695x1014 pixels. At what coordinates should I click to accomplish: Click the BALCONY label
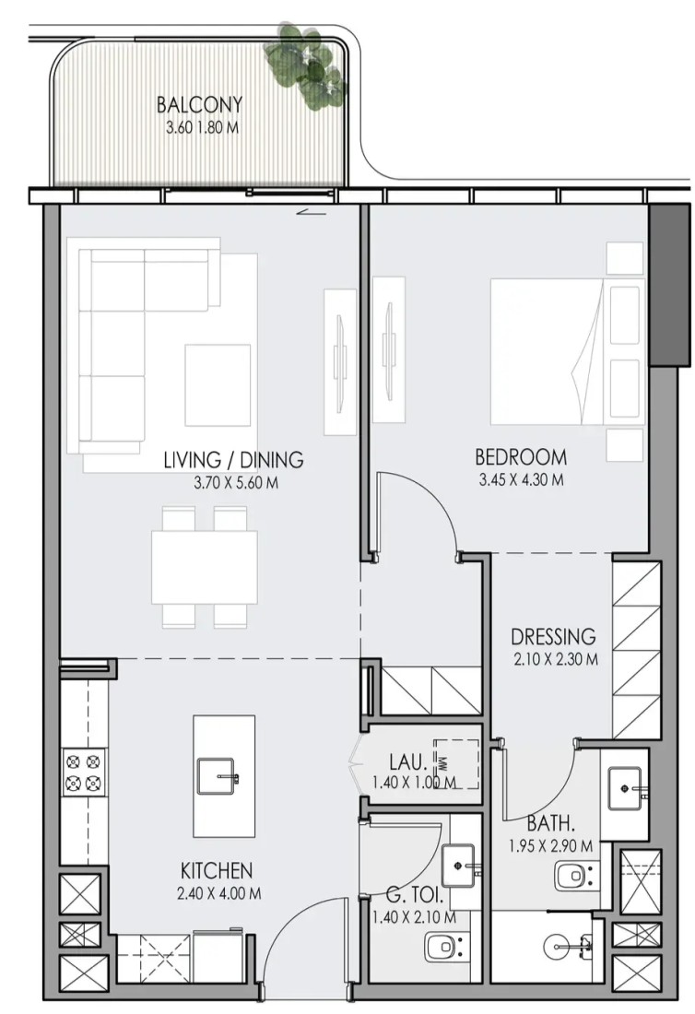point(199,104)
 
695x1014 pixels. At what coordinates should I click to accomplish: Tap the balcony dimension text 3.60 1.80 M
point(203,127)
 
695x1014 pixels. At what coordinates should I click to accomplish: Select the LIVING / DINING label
point(233,460)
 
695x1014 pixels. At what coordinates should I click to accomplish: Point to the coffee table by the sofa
point(218,385)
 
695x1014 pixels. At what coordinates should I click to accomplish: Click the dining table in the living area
point(205,567)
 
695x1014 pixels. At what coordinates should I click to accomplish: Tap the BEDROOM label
point(521,457)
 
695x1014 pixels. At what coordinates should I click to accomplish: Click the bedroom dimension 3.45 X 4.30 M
point(521,480)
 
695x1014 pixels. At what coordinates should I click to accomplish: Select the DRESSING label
point(553,636)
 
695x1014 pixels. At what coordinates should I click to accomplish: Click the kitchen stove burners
point(84,771)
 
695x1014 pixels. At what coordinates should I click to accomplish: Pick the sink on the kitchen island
point(218,776)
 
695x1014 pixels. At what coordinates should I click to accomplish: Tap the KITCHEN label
point(216,870)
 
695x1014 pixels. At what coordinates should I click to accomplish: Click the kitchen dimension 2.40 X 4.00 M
point(219,894)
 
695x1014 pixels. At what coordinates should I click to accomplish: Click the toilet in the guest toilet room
point(445,948)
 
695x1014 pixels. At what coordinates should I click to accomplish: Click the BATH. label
point(551,823)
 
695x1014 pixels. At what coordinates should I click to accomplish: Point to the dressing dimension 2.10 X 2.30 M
point(555,660)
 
